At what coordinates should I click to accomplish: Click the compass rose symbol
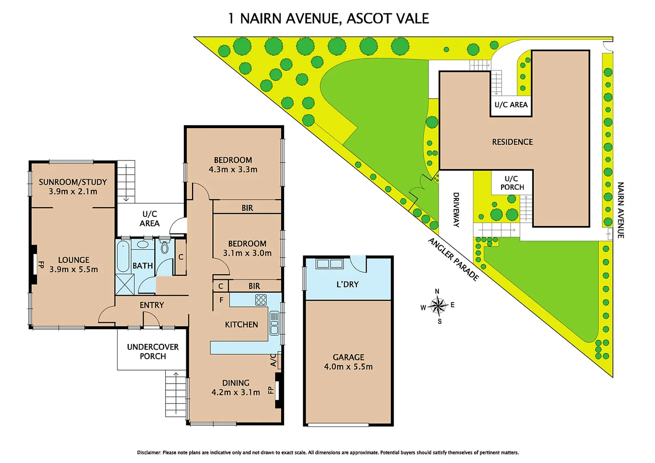pos(438,306)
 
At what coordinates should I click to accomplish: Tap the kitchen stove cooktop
pos(261,300)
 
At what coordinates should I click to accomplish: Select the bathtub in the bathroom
pos(123,256)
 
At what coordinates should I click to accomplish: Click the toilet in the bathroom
pos(165,247)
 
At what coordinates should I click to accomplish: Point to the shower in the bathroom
pos(125,284)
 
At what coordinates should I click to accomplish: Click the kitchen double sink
pos(274,323)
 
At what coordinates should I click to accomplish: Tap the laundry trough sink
pos(330,264)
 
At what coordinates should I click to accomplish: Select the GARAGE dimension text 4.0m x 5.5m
pos(348,367)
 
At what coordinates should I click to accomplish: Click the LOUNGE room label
pos(74,260)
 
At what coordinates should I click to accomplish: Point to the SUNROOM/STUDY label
pos(73,182)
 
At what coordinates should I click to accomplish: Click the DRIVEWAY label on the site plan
pos(456,210)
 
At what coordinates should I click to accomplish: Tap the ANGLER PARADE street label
pos(454,259)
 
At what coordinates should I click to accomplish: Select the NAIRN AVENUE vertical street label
pos(620,210)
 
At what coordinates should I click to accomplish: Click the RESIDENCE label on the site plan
pos(512,142)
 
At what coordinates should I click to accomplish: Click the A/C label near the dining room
pos(273,360)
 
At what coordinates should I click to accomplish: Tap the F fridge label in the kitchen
pos(221,300)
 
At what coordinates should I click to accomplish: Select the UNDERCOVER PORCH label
pos(153,351)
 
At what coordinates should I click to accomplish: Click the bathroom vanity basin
pos(142,244)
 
